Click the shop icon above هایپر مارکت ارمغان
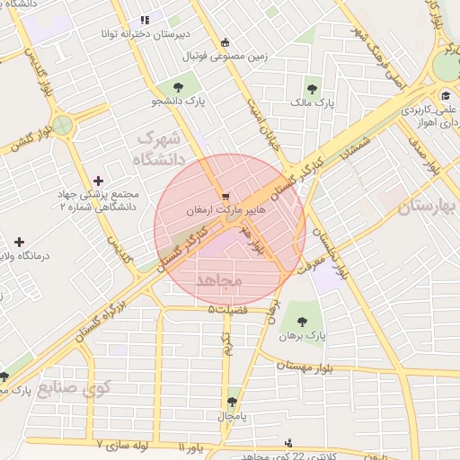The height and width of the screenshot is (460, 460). point(226,195)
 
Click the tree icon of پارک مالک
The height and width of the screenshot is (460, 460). point(312,89)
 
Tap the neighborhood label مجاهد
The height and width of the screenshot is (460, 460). point(218,281)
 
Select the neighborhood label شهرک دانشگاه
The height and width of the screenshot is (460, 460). point(158,149)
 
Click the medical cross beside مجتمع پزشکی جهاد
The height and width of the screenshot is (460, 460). point(99,181)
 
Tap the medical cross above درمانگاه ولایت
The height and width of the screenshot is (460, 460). point(18,242)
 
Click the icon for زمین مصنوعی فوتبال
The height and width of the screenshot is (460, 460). point(225,41)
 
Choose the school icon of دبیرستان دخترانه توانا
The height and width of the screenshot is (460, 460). point(143,20)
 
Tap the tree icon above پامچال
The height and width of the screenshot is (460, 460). point(234,402)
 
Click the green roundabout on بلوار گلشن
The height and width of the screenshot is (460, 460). point(61,126)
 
